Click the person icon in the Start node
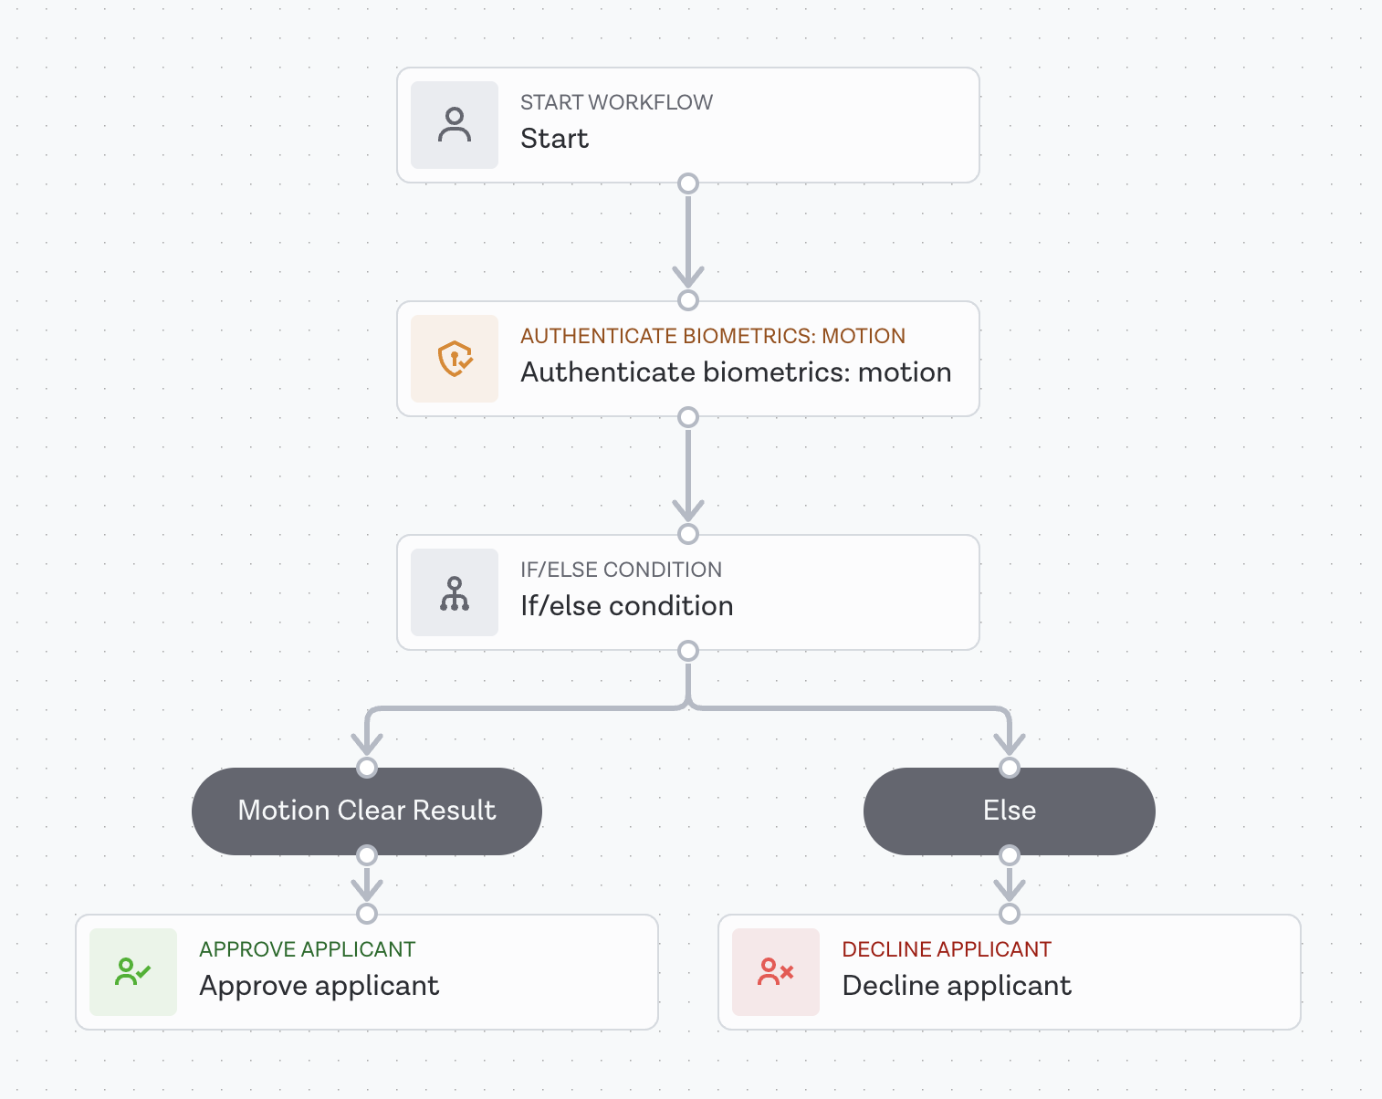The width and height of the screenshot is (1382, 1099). coord(455,125)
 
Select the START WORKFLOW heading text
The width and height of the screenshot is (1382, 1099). coord(616,102)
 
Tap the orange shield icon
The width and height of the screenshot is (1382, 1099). coord(455,359)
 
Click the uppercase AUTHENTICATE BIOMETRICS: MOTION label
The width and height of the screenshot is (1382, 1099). coord(712,336)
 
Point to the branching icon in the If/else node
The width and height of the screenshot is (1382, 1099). coord(455,592)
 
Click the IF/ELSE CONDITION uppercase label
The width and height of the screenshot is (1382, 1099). coord(621,570)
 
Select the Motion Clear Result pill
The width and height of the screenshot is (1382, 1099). coord(367,811)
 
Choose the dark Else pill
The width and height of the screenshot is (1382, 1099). coord(1009,811)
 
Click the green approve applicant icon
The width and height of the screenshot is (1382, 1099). coord(133,972)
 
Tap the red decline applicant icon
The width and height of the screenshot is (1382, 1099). coord(776,972)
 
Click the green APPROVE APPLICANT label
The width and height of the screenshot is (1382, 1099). coord(307,949)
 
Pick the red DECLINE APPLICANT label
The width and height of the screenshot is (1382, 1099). coord(947,949)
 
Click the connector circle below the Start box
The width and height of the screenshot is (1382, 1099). coord(688,183)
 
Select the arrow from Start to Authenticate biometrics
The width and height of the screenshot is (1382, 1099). coord(688,242)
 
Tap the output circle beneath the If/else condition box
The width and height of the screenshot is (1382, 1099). coord(688,651)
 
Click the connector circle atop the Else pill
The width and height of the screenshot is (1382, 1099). coord(1009,768)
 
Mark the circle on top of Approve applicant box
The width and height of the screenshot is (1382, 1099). coord(367,914)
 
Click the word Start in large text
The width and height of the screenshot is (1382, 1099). coord(554,139)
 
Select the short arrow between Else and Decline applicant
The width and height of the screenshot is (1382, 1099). coord(1009,884)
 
